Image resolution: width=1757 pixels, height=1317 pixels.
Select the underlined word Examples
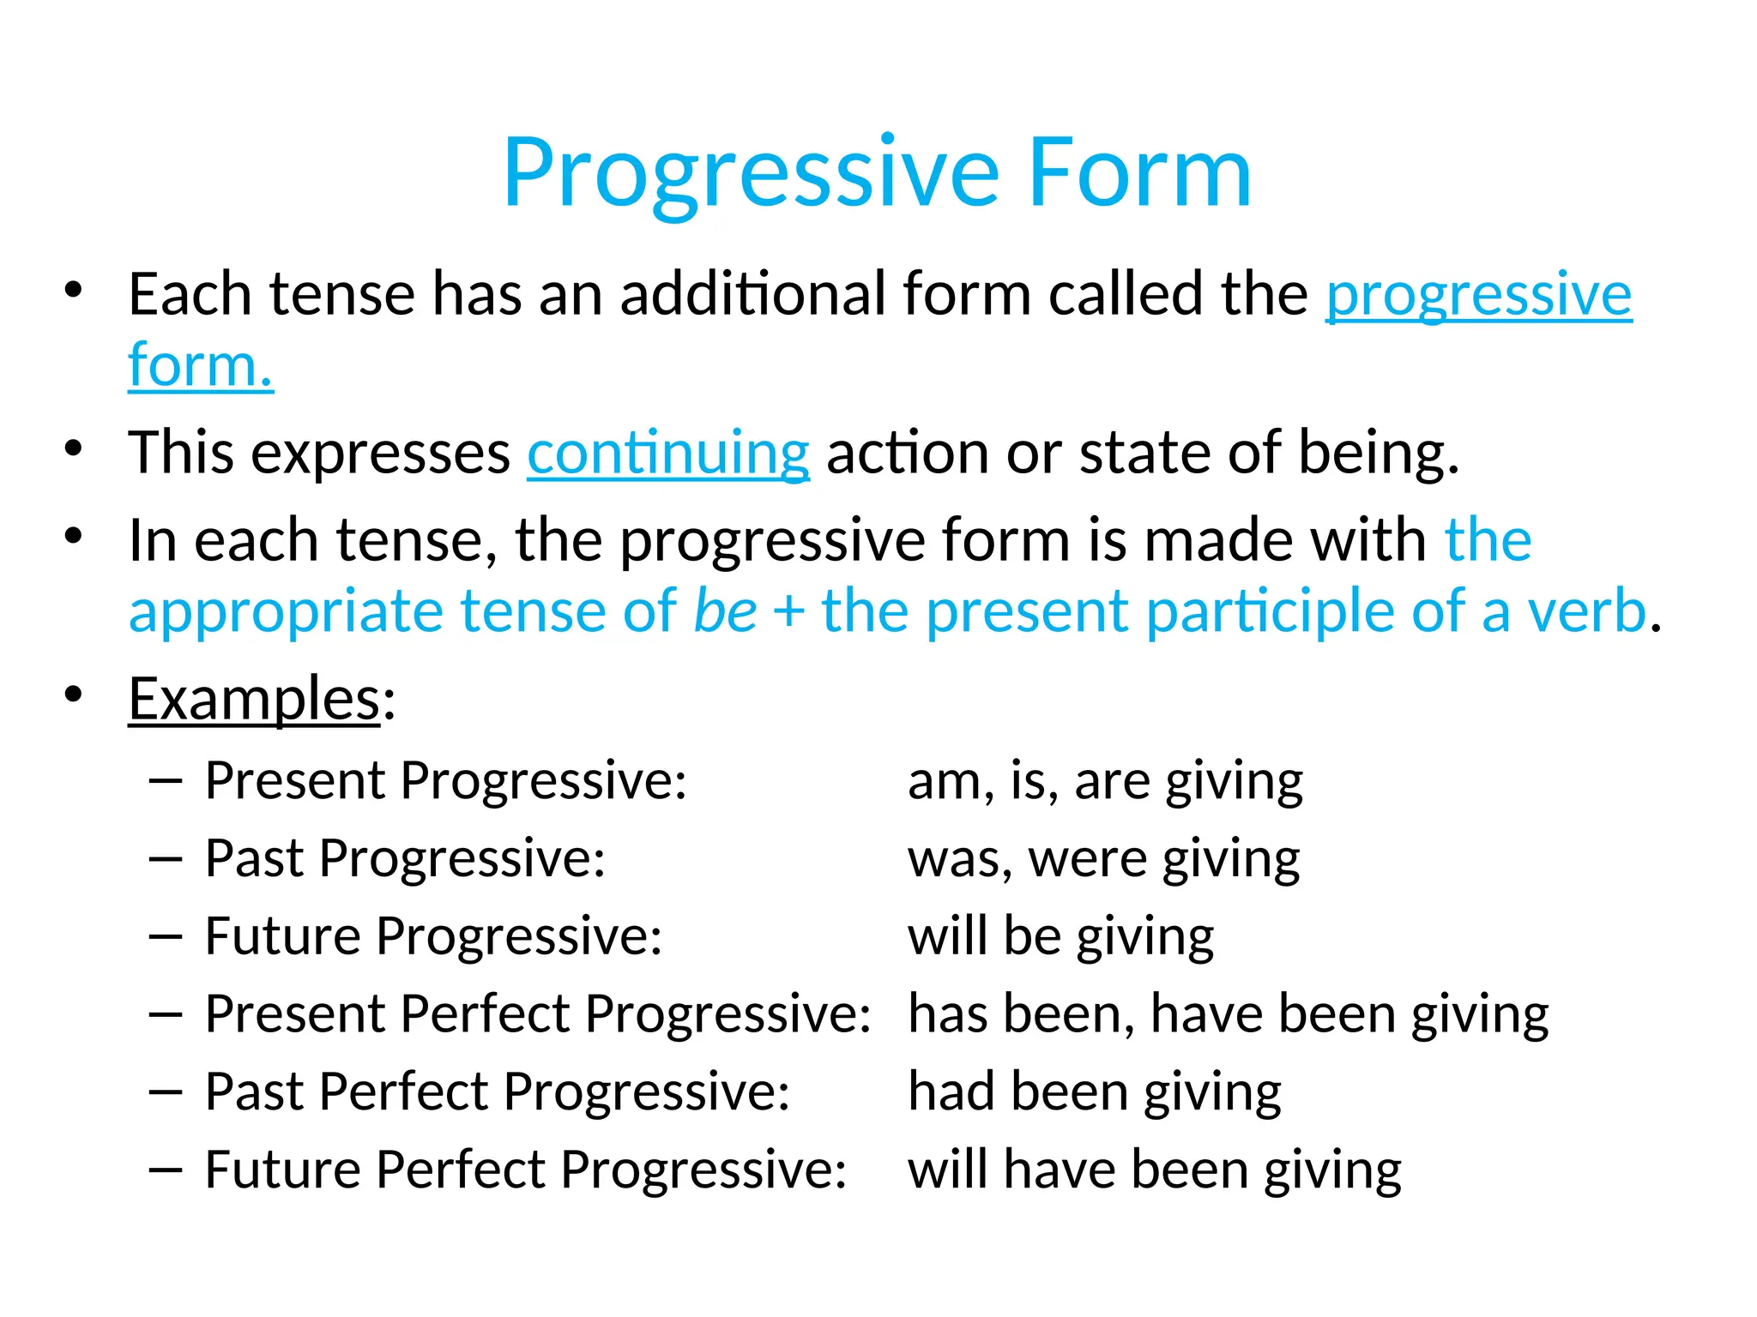(254, 699)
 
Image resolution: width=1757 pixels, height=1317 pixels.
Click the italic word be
(725, 611)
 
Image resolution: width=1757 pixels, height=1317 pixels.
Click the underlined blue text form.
(201, 366)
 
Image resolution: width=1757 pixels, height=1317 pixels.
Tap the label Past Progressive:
(405, 858)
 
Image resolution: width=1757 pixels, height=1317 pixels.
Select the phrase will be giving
(1060, 936)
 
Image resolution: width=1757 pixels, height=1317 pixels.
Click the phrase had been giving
(1095, 1092)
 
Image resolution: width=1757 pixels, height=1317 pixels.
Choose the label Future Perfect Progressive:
(525, 1170)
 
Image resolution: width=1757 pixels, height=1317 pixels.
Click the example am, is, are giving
(1105, 781)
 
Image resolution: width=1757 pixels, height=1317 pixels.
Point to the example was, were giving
(1103, 858)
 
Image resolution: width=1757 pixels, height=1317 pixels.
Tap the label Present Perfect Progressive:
(538, 1014)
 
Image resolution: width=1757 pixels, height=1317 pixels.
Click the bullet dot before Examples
(73, 693)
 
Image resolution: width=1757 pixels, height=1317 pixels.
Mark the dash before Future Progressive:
(165, 936)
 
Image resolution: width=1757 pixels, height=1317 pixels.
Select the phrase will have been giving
(1154, 1170)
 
